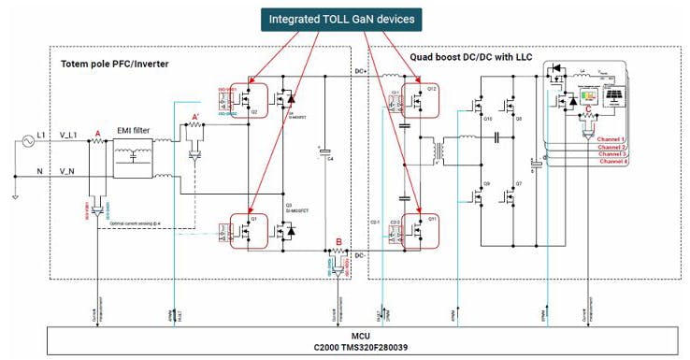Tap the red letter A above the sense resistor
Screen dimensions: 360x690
click(x=98, y=134)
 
